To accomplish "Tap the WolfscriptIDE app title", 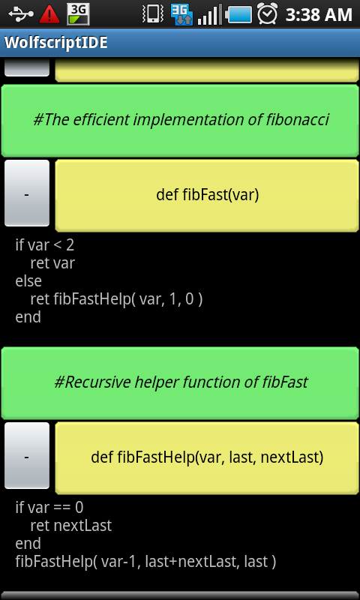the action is (55, 43).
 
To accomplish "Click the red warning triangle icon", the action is (49, 14).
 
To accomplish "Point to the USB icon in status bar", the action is (21, 14).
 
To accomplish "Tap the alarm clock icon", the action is (267, 13).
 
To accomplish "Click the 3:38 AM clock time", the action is (319, 15).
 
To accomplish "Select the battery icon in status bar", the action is (238, 14).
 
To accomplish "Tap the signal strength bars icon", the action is (210, 14).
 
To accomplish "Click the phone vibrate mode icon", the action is (154, 14).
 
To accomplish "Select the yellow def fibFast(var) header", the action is (207, 195).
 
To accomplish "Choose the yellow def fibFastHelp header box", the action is (207, 457).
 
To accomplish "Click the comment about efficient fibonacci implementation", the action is (180, 121).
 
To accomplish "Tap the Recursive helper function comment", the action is (180, 382).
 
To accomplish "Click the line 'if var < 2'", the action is (44, 245).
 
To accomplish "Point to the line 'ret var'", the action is (52, 263).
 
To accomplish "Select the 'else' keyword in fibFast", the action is (28, 280).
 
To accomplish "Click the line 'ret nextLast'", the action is (70, 526).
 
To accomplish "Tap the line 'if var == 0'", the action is (49, 508).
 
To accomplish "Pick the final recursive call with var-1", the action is (145, 562).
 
